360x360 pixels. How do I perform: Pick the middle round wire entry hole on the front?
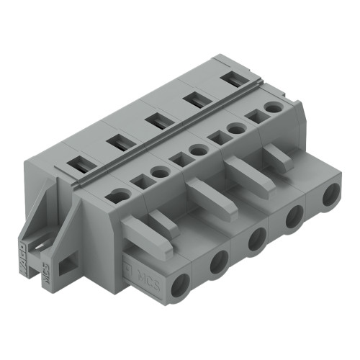pyautogui.click(x=256, y=241)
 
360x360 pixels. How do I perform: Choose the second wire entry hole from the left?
pyautogui.click(x=218, y=263)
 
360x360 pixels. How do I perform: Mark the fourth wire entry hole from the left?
pyautogui.click(x=294, y=217)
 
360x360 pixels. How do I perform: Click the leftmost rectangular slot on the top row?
pyautogui.click(x=78, y=166)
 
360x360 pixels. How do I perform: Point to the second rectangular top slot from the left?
pyautogui.click(x=117, y=143)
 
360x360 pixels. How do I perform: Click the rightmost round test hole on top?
pyautogui.click(x=272, y=107)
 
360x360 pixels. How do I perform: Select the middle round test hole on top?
pyautogui.click(x=197, y=150)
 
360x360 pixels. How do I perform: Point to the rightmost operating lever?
pyautogui.click(x=277, y=157)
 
